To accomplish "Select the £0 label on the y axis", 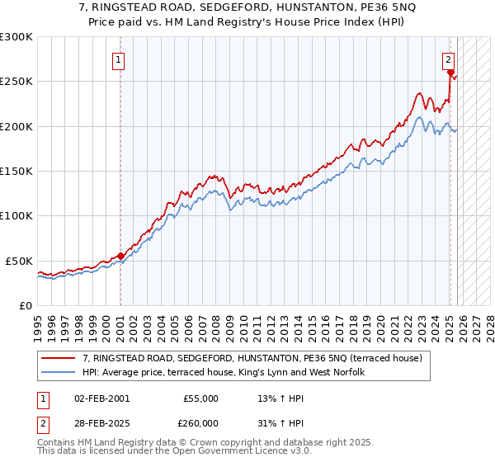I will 26,305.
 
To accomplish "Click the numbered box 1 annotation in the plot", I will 120,59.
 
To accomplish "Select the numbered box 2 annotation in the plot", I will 447,59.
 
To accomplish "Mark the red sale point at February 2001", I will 120,256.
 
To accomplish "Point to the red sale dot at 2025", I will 450,73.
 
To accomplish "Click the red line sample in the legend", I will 59,358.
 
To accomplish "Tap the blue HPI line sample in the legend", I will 59,372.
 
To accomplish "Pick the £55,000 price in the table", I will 200,398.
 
